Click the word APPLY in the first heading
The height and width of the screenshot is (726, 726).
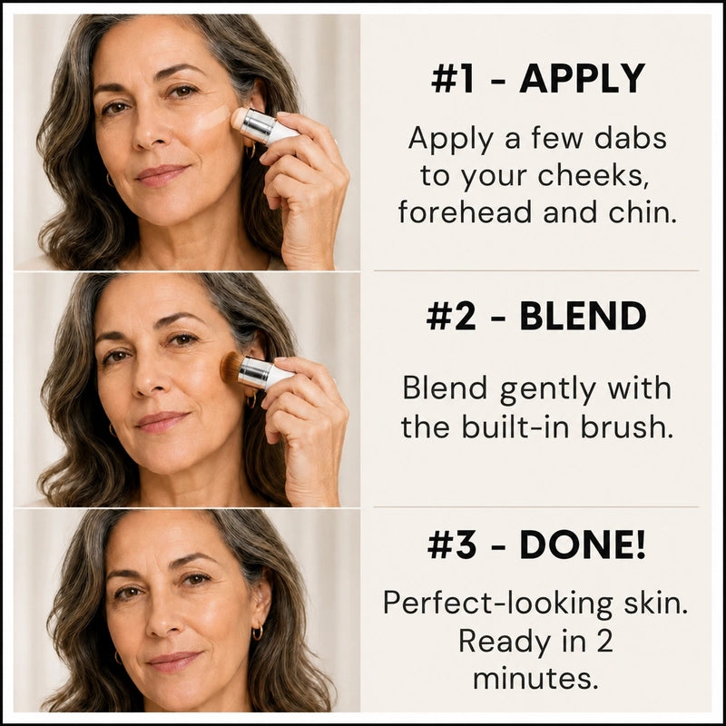point(582,78)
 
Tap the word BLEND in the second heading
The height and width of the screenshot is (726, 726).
point(583,317)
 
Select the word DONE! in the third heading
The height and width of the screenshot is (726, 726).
point(583,544)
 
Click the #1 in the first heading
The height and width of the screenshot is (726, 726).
point(452,78)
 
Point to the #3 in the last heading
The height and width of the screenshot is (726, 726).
point(451,545)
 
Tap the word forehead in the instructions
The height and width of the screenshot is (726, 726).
point(466,213)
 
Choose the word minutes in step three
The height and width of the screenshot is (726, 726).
point(533,679)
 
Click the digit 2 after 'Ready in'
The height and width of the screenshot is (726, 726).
point(603,642)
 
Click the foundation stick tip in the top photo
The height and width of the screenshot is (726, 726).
point(240,120)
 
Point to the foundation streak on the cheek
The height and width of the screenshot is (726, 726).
point(212,118)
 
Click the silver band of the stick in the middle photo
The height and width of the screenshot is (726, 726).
point(256,373)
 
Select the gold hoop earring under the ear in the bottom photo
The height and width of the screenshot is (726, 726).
point(257,632)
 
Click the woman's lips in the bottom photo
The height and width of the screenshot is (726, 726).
point(173,661)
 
